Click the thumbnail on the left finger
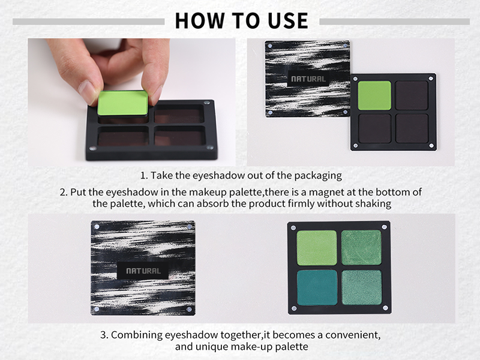tap(89, 92)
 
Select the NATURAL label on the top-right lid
tap(308, 79)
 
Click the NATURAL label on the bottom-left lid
tap(143, 271)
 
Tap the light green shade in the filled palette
tap(317, 247)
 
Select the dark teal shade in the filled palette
tap(317, 287)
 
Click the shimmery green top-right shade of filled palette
tap(361, 247)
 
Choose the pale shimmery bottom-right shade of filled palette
tap(361, 287)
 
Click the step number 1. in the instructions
tap(143, 176)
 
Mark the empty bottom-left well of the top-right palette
tap(374, 127)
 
